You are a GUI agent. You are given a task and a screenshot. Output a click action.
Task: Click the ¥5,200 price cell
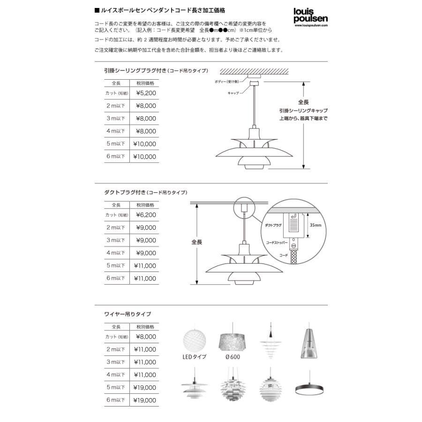click(146, 93)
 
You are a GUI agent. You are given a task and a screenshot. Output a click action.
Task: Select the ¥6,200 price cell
click(146, 215)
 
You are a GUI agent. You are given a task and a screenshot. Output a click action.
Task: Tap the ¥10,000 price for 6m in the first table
click(145, 157)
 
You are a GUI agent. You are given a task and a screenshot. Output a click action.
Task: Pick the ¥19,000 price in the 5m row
click(145, 388)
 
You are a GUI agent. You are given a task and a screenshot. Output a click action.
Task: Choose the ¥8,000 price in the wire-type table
click(146, 337)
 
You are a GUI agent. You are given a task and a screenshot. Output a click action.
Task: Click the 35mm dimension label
click(316, 225)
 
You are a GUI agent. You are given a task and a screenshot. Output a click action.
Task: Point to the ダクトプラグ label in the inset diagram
click(273, 226)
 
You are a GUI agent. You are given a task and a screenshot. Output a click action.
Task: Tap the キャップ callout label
click(233, 93)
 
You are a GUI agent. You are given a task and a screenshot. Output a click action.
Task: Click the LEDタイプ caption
click(194, 357)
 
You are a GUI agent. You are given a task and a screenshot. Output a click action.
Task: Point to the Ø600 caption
click(233, 357)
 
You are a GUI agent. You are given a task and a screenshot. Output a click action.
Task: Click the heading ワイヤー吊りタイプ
click(128, 314)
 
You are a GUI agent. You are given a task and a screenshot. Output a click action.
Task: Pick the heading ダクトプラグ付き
click(124, 193)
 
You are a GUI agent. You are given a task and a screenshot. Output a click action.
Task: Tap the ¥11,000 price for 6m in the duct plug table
click(145, 279)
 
